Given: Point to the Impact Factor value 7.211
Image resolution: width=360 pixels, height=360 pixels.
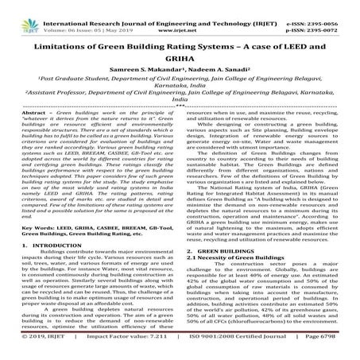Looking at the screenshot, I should (x=151, y=353).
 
